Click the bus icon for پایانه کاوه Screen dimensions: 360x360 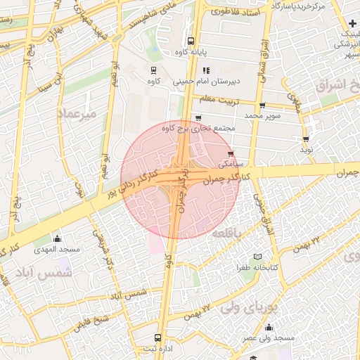(191, 40)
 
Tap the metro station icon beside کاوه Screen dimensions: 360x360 (153, 70)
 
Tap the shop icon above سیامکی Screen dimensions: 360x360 (231, 153)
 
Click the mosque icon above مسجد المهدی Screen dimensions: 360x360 (57, 239)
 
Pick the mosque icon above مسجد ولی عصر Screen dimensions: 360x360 (269, 327)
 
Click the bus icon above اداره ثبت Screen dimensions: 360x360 (157, 337)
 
